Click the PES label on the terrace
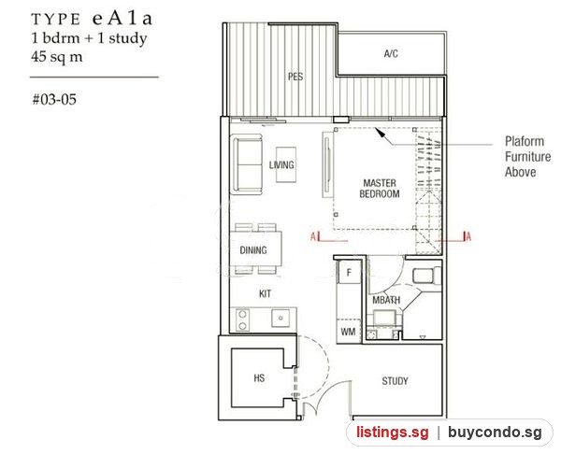tap(295, 77)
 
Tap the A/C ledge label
tap(391, 53)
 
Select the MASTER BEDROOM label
tap(380, 189)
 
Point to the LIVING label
tap(281, 164)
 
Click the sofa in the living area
tap(247, 164)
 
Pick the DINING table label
tap(253, 249)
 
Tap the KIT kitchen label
tap(265, 294)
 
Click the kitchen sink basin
tap(280, 318)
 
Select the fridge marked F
tap(349, 273)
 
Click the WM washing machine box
tap(348, 332)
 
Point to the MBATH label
tap(386, 300)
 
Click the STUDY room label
tap(395, 381)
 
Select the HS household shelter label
tap(259, 377)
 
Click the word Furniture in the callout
tap(528, 157)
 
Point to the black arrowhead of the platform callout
tap(380, 132)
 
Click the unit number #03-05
tap(54, 99)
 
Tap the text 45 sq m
tap(56, 56)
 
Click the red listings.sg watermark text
tap(392, 433)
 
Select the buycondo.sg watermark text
tap(496, 433)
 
